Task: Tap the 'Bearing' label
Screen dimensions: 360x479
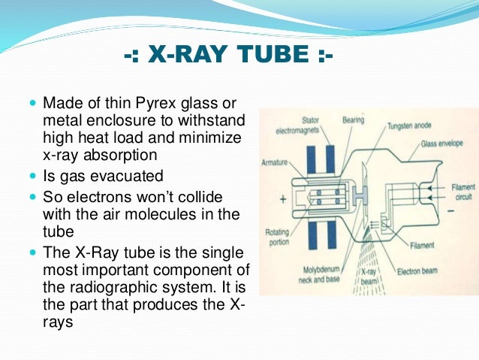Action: click(354, 119)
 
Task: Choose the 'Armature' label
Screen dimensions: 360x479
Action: click(276, 162)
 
